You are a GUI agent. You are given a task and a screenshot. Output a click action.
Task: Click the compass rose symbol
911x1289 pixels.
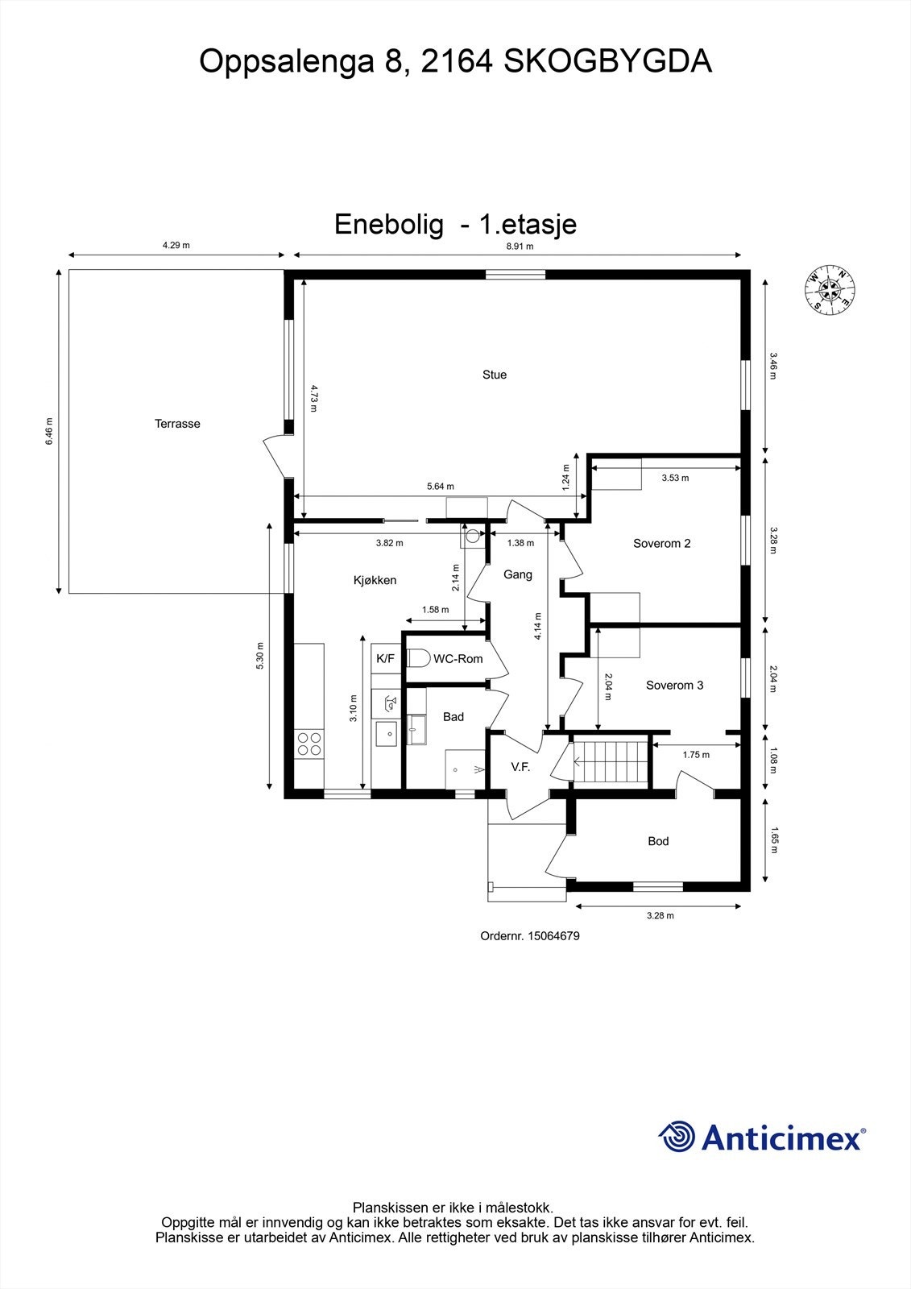[830, 290]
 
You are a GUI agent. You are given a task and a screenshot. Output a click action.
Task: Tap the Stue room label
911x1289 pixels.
[495, 375]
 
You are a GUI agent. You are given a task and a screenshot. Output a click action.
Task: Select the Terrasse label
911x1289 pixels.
[177, 424]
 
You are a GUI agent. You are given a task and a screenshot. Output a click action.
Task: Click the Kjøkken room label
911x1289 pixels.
[375, 580]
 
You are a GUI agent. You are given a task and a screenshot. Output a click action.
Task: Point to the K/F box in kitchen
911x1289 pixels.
[386, 659]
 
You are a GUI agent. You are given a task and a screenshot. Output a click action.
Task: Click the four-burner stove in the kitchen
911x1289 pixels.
[308, 744]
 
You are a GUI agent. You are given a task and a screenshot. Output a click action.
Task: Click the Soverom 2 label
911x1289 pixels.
[661, 544]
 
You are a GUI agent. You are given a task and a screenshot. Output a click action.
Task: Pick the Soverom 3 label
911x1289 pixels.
[674, 686]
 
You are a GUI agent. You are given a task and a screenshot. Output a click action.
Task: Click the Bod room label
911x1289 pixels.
[658, 841]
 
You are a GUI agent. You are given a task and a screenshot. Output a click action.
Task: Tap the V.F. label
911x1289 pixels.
[520, 768]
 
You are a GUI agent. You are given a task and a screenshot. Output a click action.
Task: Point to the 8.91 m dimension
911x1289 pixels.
[520, 247]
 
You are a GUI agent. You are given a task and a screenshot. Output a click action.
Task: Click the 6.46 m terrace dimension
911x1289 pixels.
[49, 431]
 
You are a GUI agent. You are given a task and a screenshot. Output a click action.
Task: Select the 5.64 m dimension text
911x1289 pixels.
[440, 487]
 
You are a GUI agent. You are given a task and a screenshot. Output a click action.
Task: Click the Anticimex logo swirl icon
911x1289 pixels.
[677, 1137]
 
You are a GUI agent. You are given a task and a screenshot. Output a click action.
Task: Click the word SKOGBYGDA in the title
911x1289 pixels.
[607, 62]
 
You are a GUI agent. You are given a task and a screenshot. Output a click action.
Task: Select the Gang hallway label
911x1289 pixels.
[517, 575]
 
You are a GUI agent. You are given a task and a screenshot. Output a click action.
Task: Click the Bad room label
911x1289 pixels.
[453, 717]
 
